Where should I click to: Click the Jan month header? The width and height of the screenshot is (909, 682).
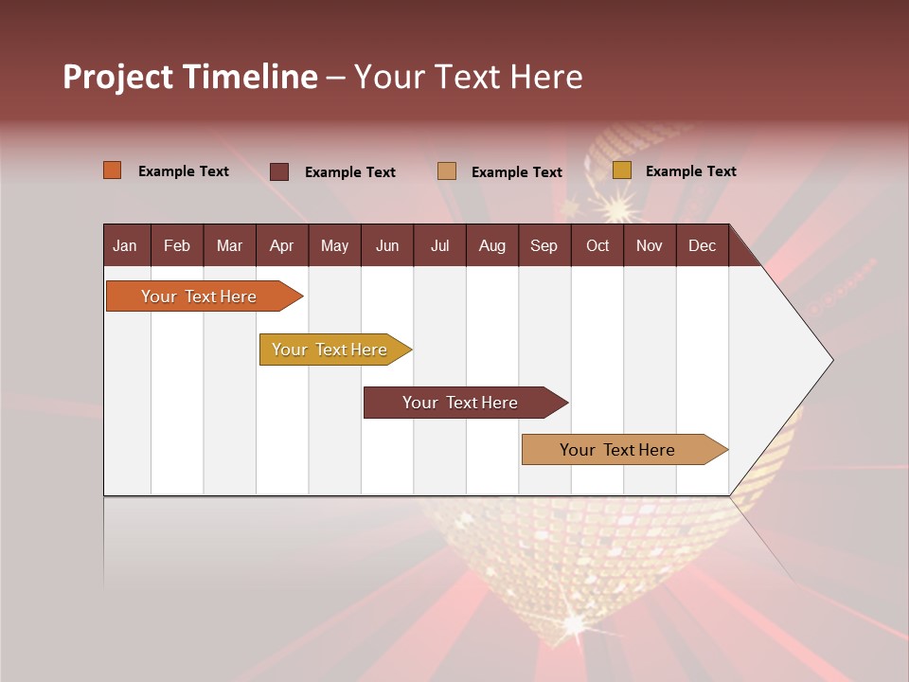tap(125, 245)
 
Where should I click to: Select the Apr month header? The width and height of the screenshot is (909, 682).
tap(281, 245)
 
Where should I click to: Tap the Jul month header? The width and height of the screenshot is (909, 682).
tap(439, 245)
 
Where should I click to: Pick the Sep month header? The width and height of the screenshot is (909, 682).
tap(544, 245)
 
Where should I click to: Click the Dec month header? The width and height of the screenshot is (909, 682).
tap(702, 245)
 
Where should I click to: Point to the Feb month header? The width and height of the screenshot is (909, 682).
tap(177, 245)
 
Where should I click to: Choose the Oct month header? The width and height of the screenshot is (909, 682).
tap(597, 245)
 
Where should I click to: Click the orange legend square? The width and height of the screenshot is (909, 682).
tap(112, 170)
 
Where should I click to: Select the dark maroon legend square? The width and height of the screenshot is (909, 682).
tap(278, 171)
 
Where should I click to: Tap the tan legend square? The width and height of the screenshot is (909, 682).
tap(447, 171)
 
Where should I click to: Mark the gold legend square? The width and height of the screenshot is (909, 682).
tap(621, 170)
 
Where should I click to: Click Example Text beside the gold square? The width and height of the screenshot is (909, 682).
tap(690, 171)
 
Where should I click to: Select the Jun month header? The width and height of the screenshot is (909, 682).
tap(386, 245)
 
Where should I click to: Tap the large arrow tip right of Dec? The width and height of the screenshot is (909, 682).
tap(795, 360)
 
